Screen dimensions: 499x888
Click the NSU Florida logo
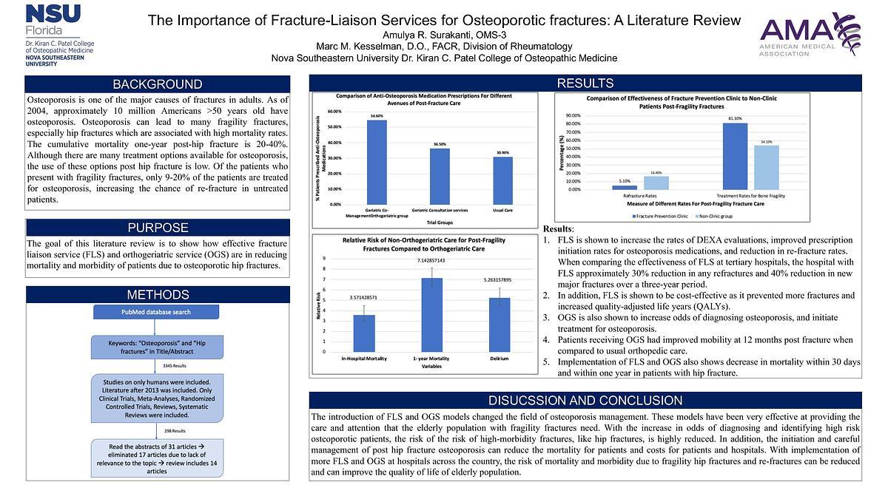[59, 34]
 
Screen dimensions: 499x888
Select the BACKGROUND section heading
[157, 84]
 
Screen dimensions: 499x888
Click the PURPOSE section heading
[157, 228]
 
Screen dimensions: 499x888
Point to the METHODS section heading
[157, 295]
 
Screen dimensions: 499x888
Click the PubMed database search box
[156, 312]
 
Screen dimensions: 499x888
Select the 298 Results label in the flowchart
[175, 430]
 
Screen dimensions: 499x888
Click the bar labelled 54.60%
[376, 162]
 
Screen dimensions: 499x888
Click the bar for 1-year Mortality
[431, 314]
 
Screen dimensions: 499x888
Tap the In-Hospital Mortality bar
[364, 333]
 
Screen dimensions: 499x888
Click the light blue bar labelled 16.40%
[656, 183]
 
